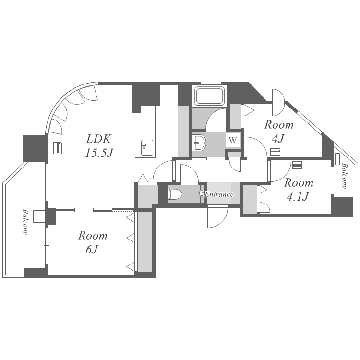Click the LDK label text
point(99,139)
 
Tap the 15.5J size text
point(99,153)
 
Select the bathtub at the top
point(209,96)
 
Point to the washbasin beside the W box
point(199,143)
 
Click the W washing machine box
point(233,140)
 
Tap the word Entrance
point(219,194)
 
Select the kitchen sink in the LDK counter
point(147,148)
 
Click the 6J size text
point(92,250)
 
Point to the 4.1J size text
point(298,196)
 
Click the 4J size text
point(278,138)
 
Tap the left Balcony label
point(25,222)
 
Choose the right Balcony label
point(344,176)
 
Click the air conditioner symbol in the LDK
point(58,148)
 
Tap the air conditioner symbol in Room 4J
point(275,152)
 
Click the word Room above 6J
point(93,236)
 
